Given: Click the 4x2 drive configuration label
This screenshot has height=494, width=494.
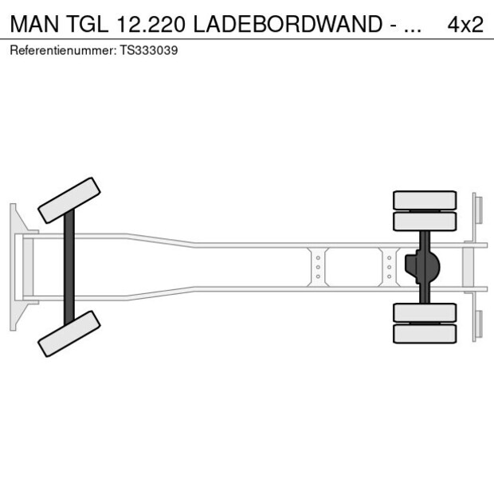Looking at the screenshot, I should pos(465,24).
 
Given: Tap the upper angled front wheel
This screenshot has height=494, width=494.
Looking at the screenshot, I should pos(69,200).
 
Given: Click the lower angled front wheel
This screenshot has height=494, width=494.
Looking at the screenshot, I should pos(69,333).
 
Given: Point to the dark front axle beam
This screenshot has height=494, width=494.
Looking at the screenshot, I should pos(69,267).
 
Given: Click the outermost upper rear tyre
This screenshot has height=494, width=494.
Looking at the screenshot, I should pos(425,199).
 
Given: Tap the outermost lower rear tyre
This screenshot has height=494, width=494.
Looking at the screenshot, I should pos(425,334).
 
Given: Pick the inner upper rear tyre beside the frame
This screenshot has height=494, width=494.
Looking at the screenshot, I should pos(425,221).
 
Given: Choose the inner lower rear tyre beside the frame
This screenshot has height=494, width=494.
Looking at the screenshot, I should pos(425,312).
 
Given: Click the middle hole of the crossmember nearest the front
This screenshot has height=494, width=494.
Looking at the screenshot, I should pos(318,267).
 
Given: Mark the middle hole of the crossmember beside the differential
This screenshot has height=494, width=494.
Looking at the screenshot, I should pos(389,267).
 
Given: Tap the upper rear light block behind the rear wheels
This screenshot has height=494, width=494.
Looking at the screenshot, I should pos(478,210).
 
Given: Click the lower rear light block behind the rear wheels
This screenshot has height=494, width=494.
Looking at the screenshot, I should pos(478,324).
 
